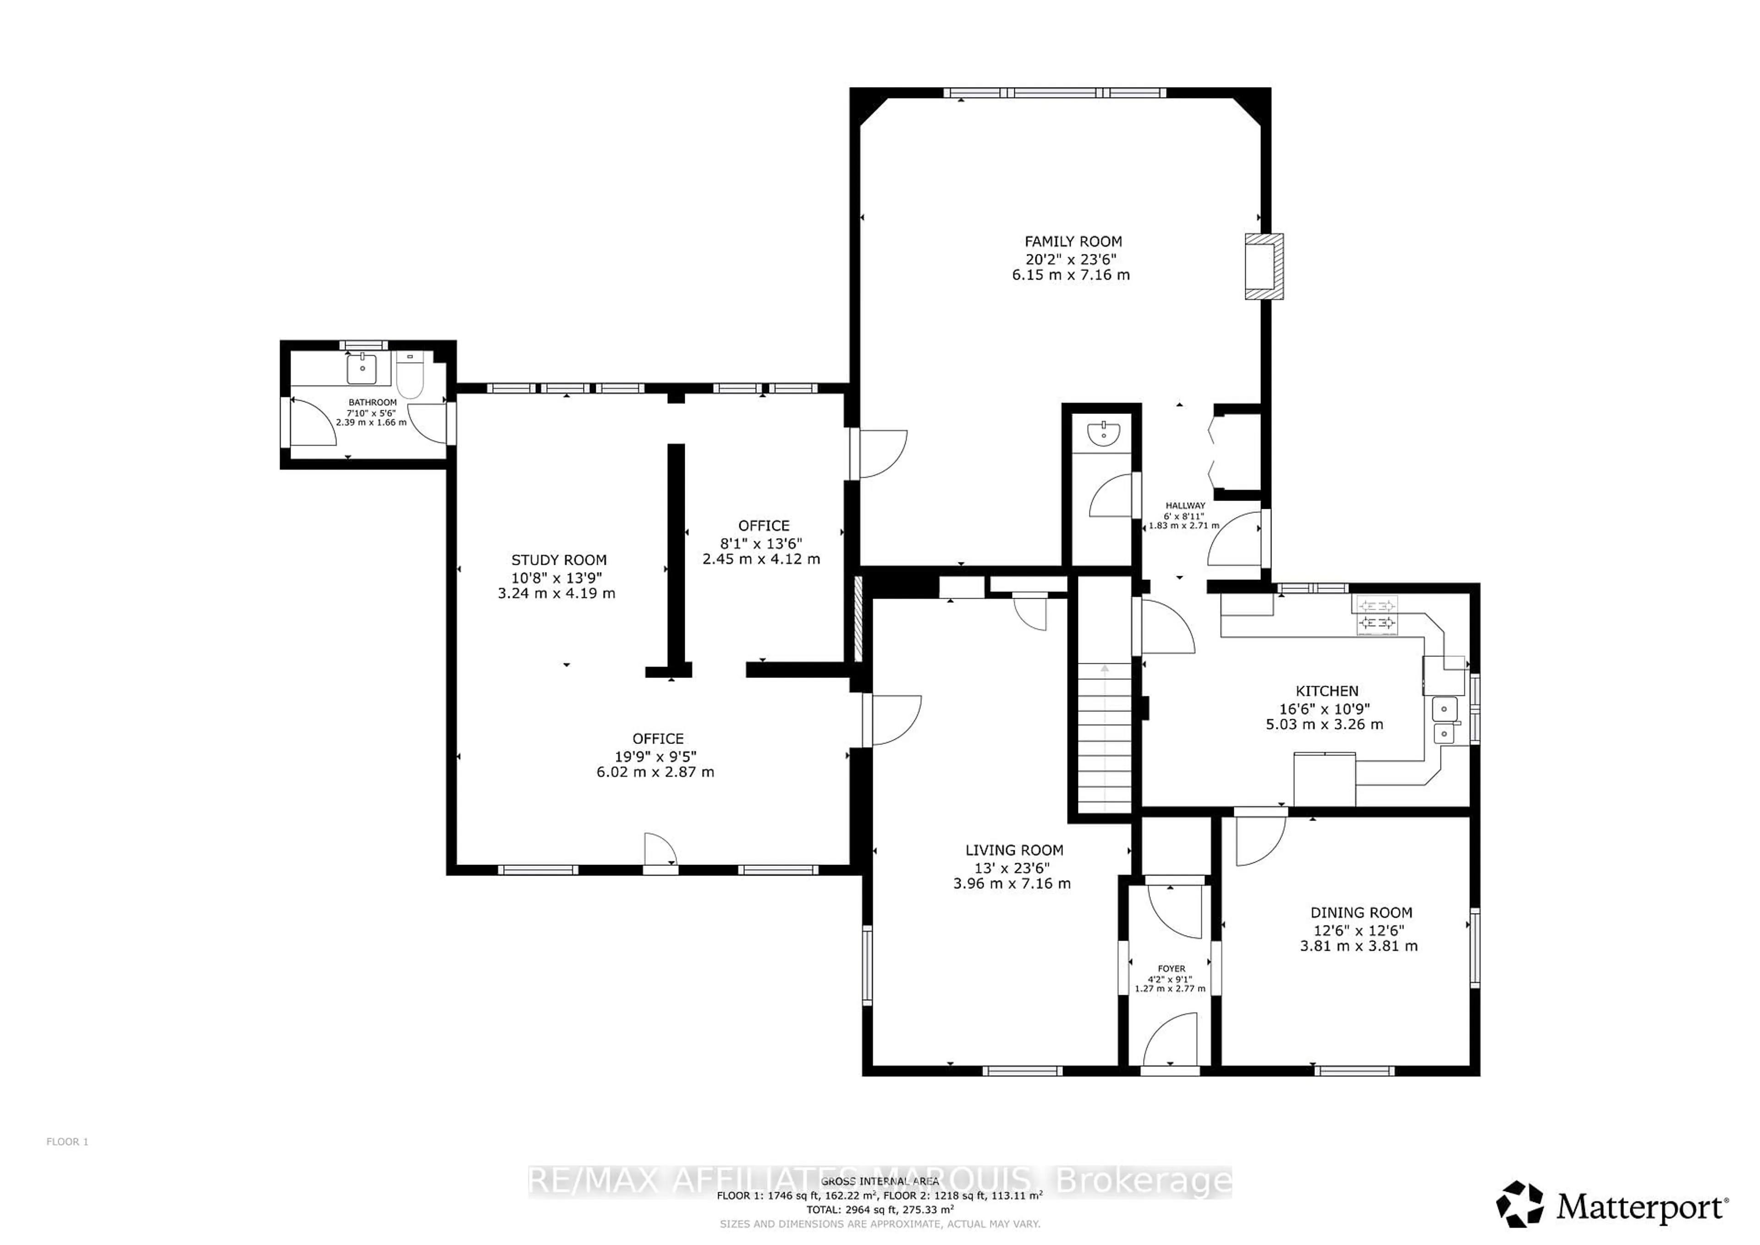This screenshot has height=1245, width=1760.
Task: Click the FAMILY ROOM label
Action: (x=1072, y=242)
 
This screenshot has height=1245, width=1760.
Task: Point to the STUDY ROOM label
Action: (x=559, y=561)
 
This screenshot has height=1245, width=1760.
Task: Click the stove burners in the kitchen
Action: (x=1377, y=616)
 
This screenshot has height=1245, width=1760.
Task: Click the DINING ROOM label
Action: (x=1361, y=912)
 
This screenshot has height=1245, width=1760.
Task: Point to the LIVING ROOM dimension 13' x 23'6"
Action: (x=1012, y=867)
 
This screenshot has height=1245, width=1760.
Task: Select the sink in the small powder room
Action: (x=1103, y=434)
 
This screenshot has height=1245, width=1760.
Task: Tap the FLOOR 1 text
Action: (x=67, y=1141)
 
